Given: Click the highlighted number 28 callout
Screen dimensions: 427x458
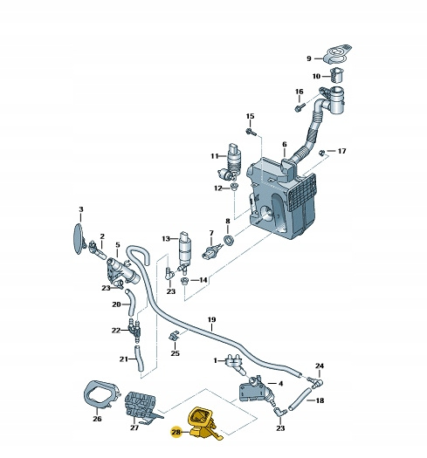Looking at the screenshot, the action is point(176,432).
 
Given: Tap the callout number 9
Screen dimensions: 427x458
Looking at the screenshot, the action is point(309,58).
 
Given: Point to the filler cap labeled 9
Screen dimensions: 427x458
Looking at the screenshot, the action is point(337,53).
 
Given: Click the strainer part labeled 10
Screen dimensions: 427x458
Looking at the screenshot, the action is point(337,75).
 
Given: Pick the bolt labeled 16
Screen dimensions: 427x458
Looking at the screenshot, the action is point(300,107).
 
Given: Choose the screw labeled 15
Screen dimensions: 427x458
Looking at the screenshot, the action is point(251,132).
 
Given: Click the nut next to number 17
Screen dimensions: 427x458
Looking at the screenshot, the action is point(321,152).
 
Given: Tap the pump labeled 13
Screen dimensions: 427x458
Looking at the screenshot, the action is point(185,253).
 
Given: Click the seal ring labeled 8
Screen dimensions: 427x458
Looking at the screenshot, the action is point(229,240).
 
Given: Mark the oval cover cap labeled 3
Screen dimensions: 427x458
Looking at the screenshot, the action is point(78,239).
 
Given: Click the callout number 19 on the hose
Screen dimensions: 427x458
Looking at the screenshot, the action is point(211,319).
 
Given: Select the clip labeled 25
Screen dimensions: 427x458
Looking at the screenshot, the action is point(174,336).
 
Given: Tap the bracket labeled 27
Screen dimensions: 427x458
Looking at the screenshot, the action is point(141,407).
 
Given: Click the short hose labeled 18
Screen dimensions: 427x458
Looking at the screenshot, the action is point(299,399).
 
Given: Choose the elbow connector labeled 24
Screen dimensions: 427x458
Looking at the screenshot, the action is point(315,383).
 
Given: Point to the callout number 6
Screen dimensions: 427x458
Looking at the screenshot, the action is point(285,144).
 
